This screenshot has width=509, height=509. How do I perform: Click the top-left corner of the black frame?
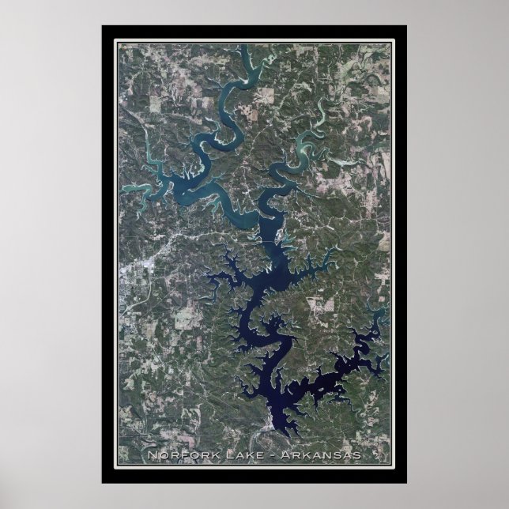(103, 27)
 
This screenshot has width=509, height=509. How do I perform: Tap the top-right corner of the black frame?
(406, 27)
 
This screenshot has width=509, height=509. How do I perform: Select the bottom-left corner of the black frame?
(103, 482)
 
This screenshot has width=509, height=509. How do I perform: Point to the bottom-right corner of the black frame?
(406, 482)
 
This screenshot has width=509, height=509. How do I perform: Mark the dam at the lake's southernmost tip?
(273, 428)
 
